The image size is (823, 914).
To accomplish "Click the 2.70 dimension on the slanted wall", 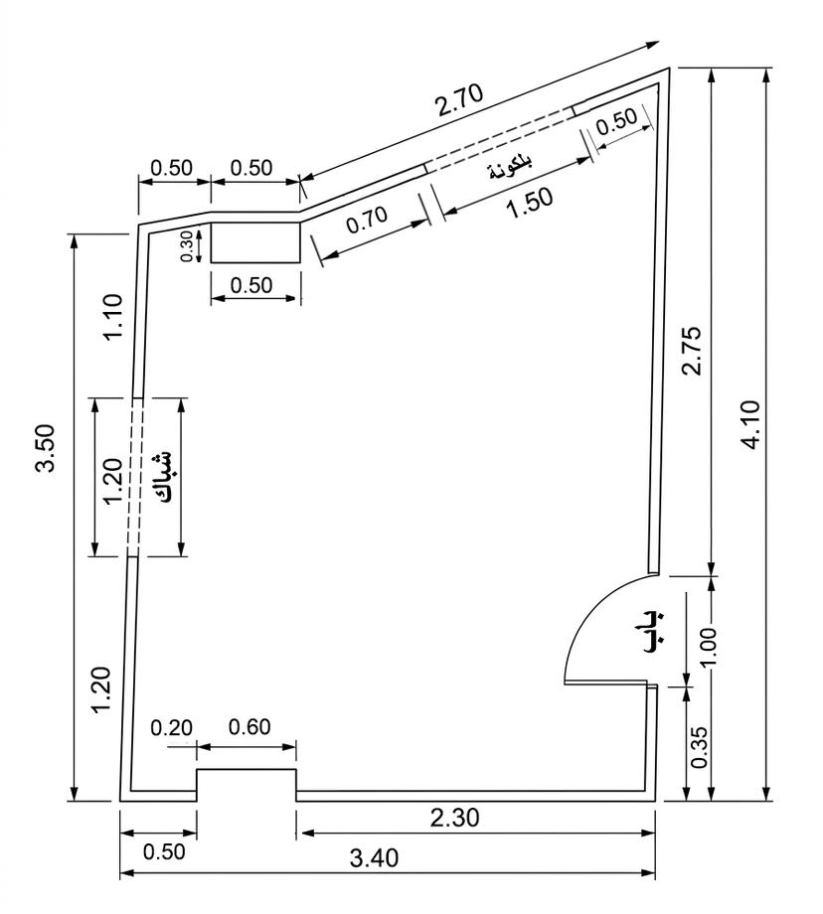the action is tap(460, 99).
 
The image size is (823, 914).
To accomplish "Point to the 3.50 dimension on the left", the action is tap(46, 447).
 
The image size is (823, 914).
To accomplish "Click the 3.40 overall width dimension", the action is tap(374, 857).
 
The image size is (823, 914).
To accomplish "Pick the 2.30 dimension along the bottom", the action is tap(455, 818).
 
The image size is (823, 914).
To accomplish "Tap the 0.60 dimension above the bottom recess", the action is tap(249, 727).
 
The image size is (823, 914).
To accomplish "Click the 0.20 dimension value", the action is tap(172, 728).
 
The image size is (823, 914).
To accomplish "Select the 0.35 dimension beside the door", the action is tap(699, 747).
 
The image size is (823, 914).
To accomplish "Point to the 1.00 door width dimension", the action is tap(708, 647).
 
